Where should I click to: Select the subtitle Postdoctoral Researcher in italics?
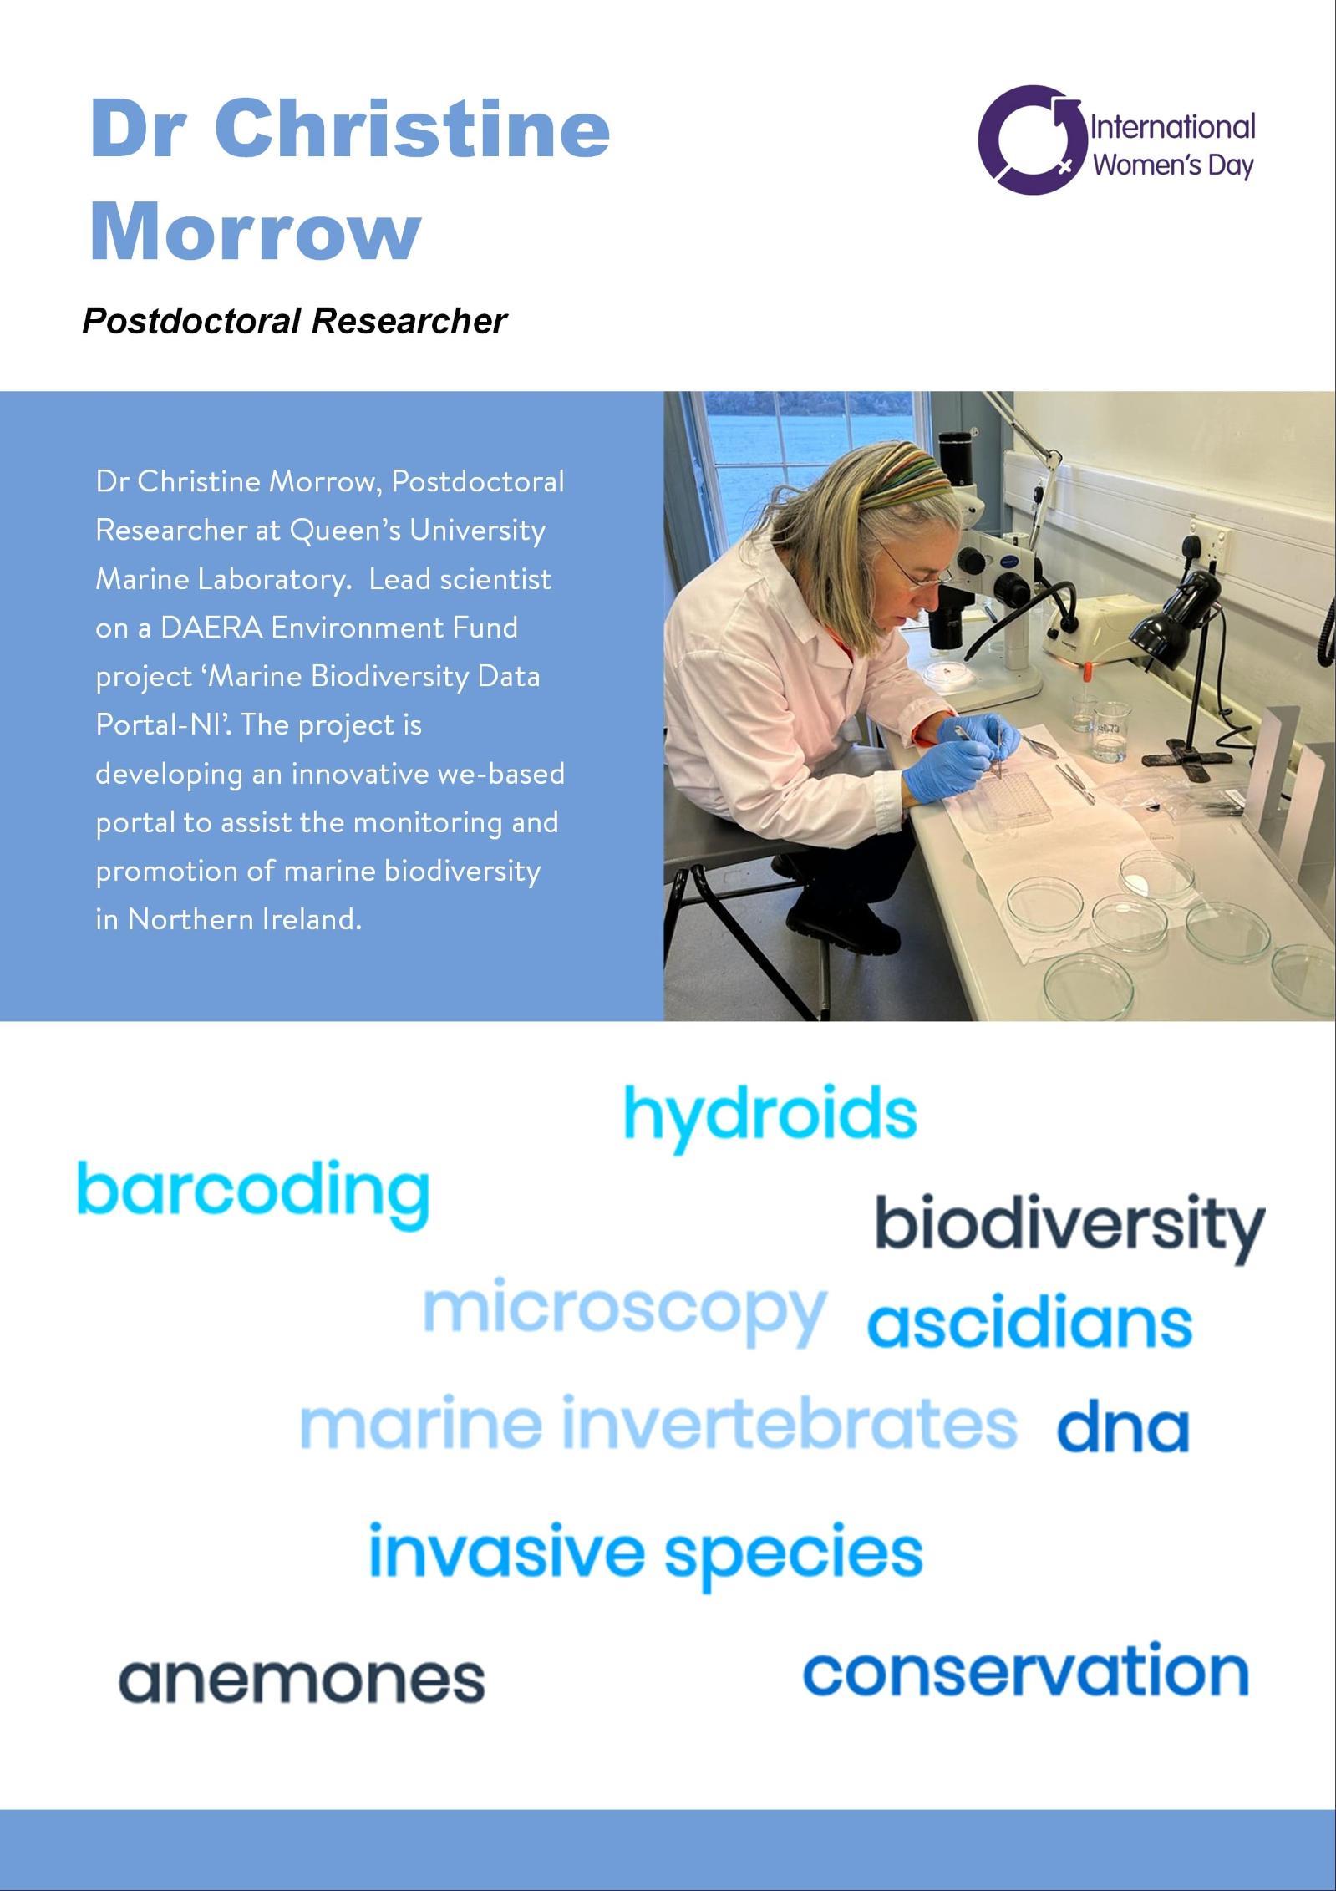(x=294, y=321)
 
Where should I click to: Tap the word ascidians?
(x=1029, y=1322)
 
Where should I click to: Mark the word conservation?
(x=1026, y=1670)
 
